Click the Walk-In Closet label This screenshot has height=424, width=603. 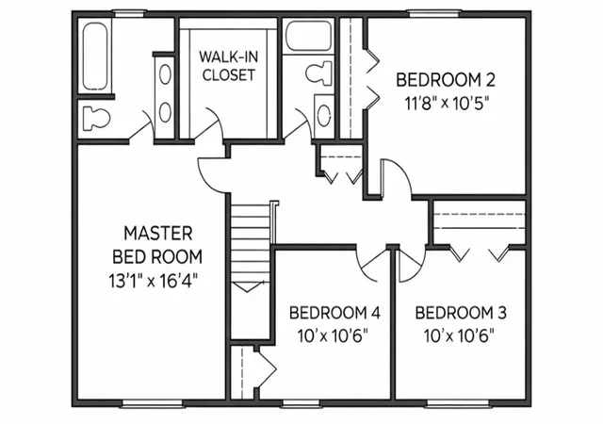[228, 66]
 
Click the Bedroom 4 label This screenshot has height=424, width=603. [334, 313]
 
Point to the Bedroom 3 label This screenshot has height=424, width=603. [461, 313]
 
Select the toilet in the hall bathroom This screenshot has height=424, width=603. [318, 73]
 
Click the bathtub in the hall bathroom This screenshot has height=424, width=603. [309, 36]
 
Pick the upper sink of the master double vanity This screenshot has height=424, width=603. [166, 74]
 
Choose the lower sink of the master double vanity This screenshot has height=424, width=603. [166, 112]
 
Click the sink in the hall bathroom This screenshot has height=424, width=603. [325, 115]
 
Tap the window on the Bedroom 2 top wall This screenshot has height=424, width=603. [434, 14]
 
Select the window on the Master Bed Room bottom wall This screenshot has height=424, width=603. [152, 403]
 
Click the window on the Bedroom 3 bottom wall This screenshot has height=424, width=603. [458, 403]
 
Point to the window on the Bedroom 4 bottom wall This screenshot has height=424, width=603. [301, 403]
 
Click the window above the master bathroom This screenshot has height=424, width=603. [129, 14]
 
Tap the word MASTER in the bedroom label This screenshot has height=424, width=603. [158, 234]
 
